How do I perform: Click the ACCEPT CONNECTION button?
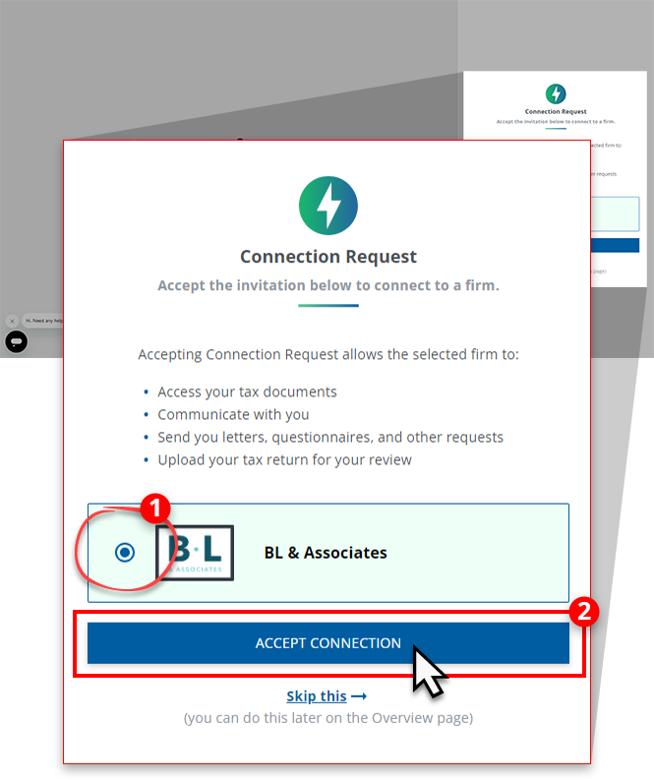(x=327, y=643)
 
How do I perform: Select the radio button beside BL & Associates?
(x=125, y=553)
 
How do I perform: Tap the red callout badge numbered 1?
(x=155, y=509)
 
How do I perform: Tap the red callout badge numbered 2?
(x=585, y=612)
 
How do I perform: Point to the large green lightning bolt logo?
(x=327, y=206)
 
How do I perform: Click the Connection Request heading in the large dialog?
(x=327, y=257)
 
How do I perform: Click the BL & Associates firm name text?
(x=326, y=553)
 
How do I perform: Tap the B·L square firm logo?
(x=195, y=552)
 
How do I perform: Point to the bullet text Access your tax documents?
(x=247, y=391)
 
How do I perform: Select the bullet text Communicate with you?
(x=233, y=414)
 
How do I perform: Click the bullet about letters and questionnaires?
(x=330, y=437)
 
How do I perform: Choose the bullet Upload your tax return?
(x=284, y=459)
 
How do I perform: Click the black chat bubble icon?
(x=16, y=341)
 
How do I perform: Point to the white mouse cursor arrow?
(x=426, y=671)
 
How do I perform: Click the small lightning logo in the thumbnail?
(x=556, y=94)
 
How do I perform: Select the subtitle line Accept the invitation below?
(x=327, y=285)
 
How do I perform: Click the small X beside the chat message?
(x=12, y=321)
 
